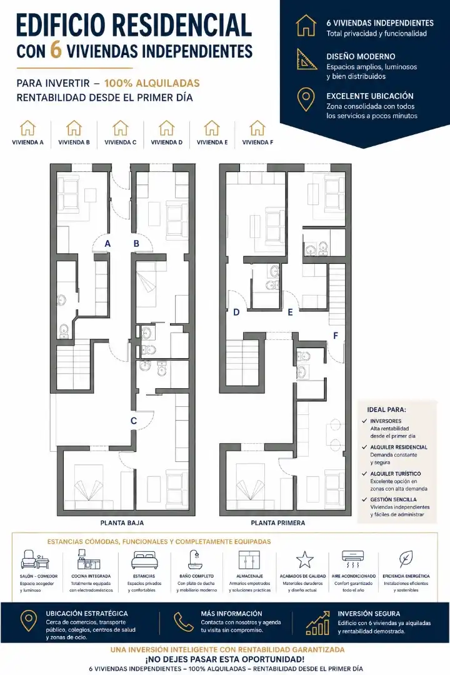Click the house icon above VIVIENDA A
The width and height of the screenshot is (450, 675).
click(28, 128)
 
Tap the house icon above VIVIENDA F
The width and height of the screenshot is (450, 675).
click(257, 128)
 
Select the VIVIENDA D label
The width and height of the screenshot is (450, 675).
click(167, 142)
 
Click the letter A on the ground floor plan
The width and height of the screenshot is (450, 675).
click(107, 244)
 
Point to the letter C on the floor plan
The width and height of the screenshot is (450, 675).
click(134, 421)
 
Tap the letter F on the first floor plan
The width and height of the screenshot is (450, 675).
click(336, 336)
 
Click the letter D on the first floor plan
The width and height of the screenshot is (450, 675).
click(236, 312)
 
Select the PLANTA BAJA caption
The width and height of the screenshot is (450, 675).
click(122, 523)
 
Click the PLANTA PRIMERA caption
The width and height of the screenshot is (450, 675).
click(278, 523)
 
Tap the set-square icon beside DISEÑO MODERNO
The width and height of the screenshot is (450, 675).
click(307, 59)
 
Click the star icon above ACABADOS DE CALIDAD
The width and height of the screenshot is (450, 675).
click(304, 559)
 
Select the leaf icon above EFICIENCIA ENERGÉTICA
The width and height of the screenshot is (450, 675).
click(405, 559)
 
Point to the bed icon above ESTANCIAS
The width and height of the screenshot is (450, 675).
click(144, 560)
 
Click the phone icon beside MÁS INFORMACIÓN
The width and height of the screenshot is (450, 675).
click(184, 622)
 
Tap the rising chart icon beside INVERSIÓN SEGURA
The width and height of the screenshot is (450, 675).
click(317, 623)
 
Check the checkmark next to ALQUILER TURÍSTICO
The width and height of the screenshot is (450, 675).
click(365, 474)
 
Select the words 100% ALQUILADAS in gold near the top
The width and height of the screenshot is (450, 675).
click(152, 83)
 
